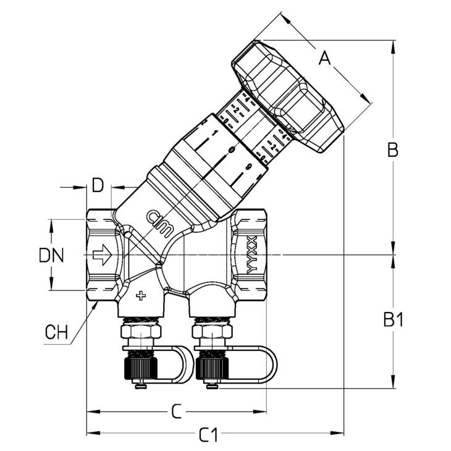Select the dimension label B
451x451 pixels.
(392, 149)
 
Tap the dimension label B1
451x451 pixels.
(392, 319)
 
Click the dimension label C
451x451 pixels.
(176, 411)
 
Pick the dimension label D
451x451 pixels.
(98, 185)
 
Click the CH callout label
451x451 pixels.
(56, 333)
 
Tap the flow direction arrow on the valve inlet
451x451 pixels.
(102, 254)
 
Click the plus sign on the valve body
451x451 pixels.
(141, 295)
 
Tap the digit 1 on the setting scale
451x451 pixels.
(214, 133)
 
